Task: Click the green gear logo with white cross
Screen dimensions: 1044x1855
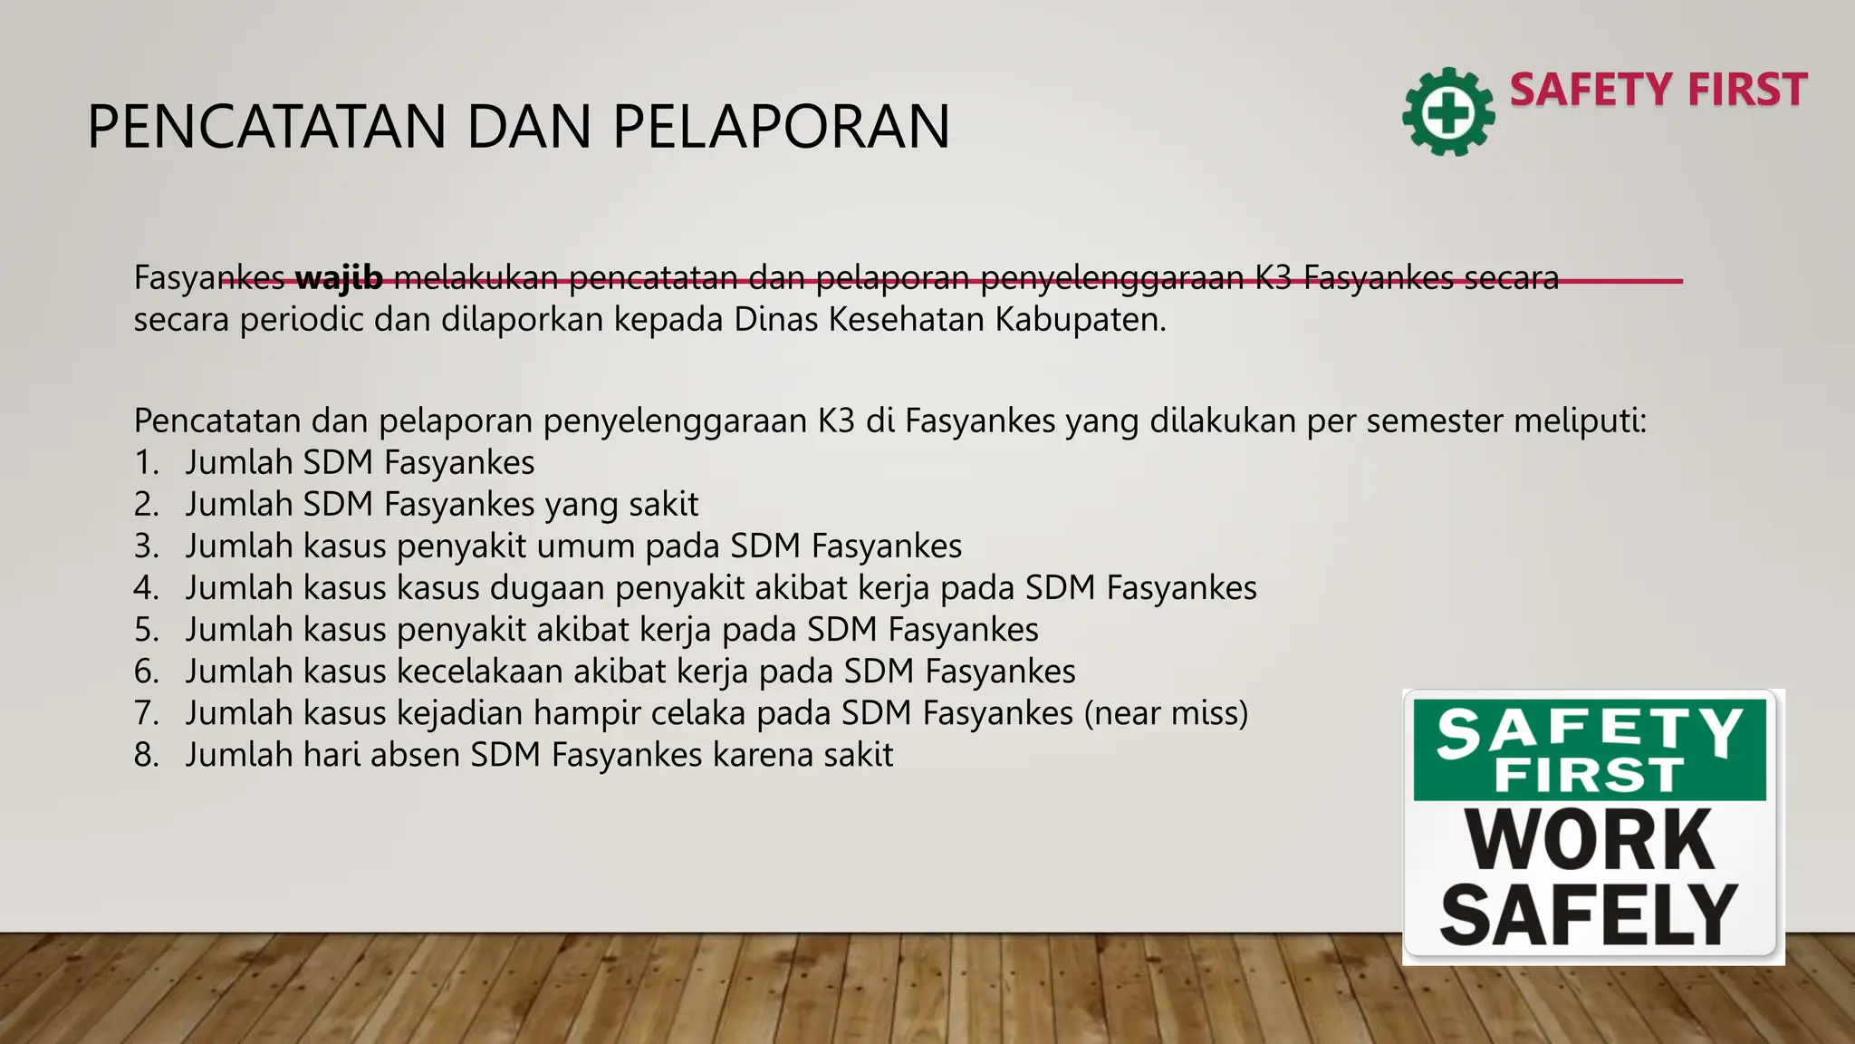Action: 1448,112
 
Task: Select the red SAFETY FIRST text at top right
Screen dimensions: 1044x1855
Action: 1658,90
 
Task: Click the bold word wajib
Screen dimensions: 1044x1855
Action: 339,277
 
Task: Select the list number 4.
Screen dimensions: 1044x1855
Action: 146,588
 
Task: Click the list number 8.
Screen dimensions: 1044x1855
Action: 146,755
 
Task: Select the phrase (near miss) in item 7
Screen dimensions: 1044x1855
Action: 1166,713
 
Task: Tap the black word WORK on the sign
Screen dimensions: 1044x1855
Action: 1591,839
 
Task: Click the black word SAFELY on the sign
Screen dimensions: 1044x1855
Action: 1589,914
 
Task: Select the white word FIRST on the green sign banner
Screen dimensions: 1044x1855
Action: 1590,776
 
